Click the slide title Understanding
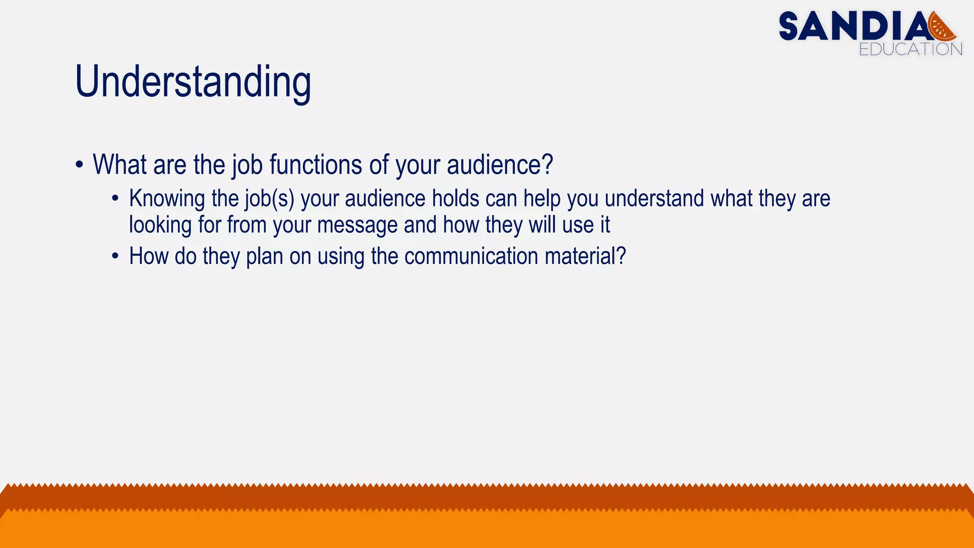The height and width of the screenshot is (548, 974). tap(193, 82)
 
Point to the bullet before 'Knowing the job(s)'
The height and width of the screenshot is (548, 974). tap(115, 198)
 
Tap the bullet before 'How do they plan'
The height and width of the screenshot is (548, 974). tap(115, 256)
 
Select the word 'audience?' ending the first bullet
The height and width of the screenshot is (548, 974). tap(500, 165)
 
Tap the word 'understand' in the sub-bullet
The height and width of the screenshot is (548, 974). tap(654, 198)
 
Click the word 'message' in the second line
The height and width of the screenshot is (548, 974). tap(357, 225)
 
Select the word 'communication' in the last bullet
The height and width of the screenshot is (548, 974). tap(471, 256)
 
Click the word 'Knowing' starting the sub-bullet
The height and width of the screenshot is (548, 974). tap(167, 199)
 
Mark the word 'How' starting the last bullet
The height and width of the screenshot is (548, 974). tap(149, 256)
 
